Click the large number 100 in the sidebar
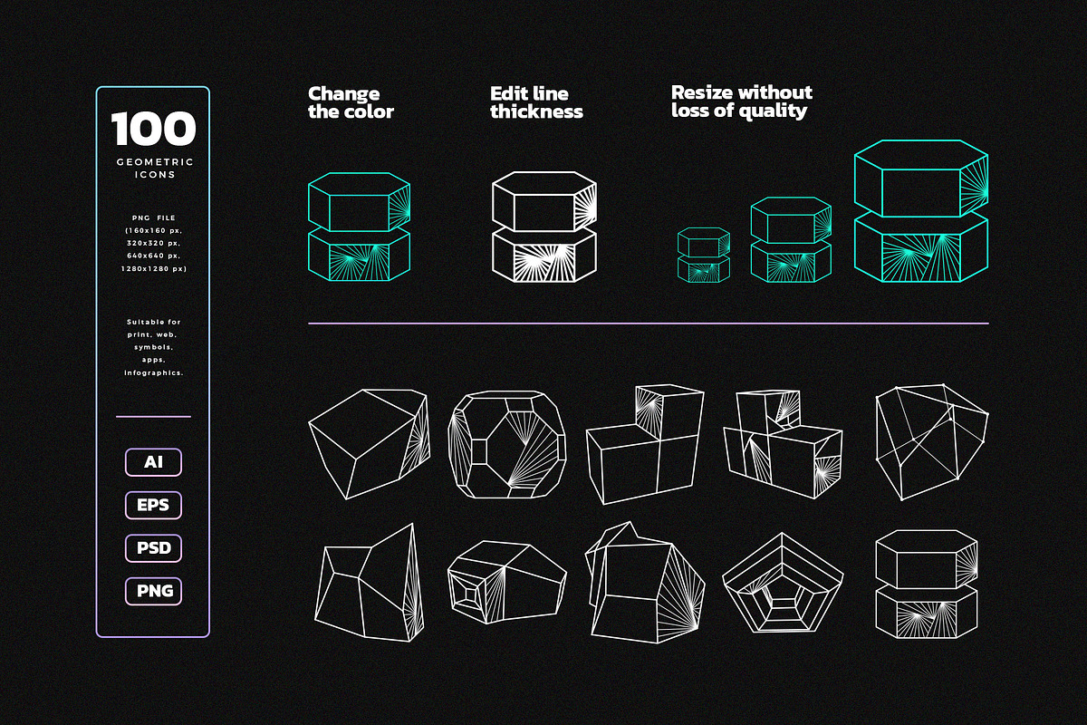coord(153,130)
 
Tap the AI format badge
coord(153,462)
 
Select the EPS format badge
coord(153,505)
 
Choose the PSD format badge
coord(153,548)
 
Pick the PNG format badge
coord(153,592)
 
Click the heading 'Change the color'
coord(351,102)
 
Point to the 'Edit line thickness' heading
coord(536,102)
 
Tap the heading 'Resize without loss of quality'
coord(741,101)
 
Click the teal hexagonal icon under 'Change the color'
coord(360,227)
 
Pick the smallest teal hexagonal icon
coord(704,255)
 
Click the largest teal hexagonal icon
coord(921,210)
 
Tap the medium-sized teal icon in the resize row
coord(791,239)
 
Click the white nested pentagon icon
coord(784,582)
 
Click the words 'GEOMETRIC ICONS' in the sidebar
coord(153,168)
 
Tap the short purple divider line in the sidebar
coord(153,417)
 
